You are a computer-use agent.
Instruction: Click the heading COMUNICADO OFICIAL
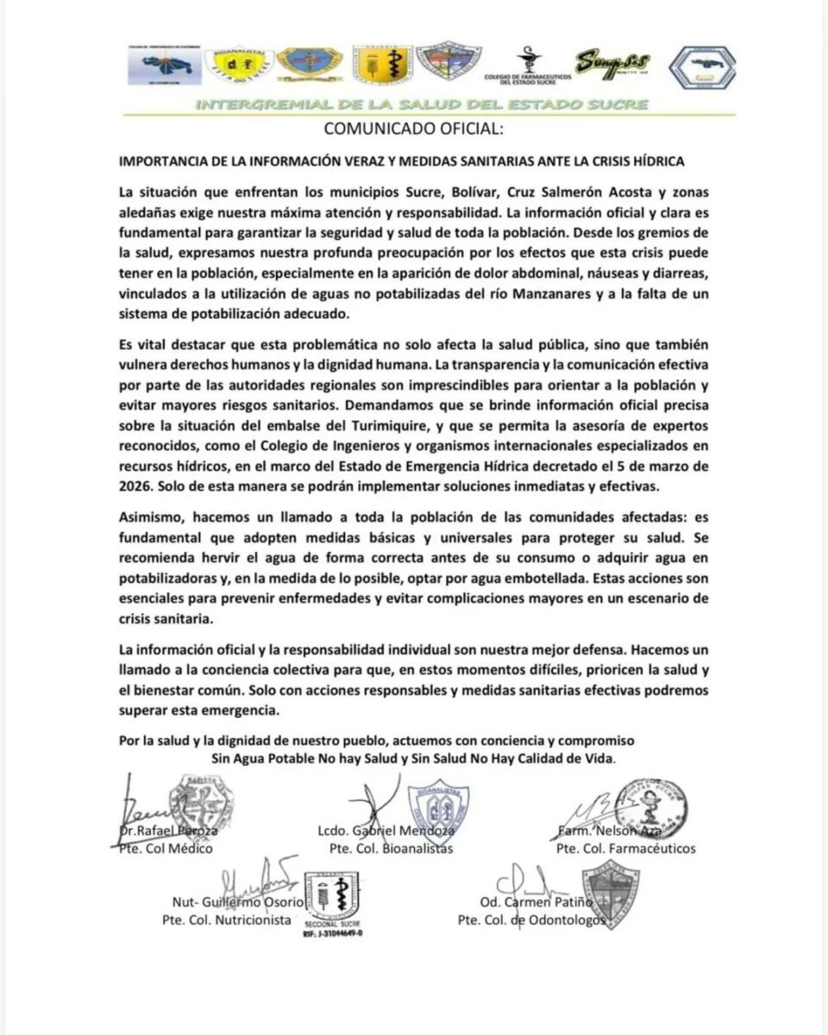tap(412, 130)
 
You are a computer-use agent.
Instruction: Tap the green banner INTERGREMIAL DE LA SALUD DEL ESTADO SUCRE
tap(423, 106)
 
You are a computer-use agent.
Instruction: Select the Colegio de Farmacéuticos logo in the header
tap(528, 67)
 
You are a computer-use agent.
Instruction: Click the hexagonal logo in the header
tap(703, 67)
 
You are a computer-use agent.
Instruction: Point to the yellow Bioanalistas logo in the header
tap(239, 63)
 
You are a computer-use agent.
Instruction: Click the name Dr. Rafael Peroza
tap(169, 831)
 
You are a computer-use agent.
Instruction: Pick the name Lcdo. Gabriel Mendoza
tap(386, 831)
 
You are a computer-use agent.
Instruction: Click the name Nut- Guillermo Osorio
tap(238, 902)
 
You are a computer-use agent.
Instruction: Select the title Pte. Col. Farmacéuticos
tap(626, 849)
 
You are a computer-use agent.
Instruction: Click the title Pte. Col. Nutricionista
tap(227, 920)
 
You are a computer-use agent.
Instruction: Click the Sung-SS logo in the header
tap(613, 62)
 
